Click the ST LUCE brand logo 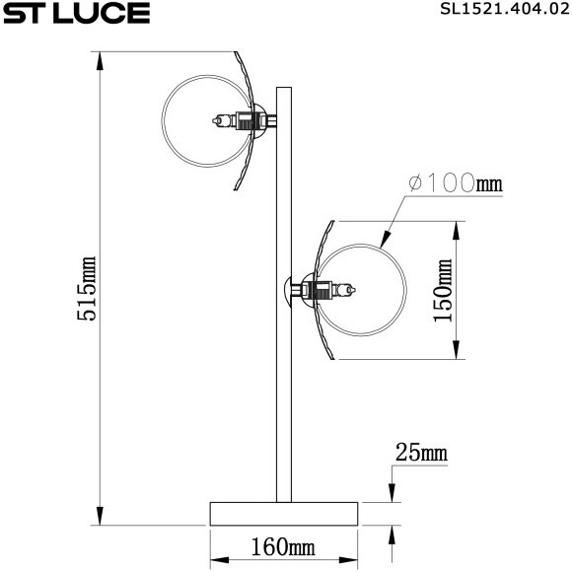tap(75, 14)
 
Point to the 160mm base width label tap(282, 545)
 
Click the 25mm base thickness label tap(421, 454)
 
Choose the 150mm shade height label tap(443, 291)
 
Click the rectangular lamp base tap(282, 513)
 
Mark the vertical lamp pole tap(284, 394)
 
